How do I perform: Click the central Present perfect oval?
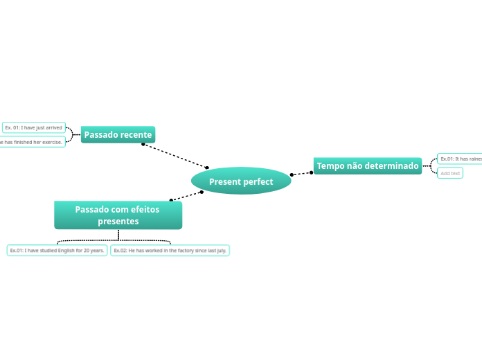[241, 181]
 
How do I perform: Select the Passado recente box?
[118, 134]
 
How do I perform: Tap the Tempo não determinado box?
[368, 166]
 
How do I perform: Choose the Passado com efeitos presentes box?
[118, 215]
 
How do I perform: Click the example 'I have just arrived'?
[33, 127]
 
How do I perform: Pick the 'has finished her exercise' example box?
[32, 142]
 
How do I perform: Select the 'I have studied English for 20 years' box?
[57, 250]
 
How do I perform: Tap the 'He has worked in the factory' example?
[170, 250]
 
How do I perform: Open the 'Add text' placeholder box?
[450, 173]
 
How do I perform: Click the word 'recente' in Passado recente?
[136, 134]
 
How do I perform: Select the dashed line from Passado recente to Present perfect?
[175, 156]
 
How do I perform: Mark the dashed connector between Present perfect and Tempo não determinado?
[301, 173]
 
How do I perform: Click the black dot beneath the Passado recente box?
[143, 144]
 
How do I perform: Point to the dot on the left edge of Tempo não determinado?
[311, 172]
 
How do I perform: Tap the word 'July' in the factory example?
[222, 250]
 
